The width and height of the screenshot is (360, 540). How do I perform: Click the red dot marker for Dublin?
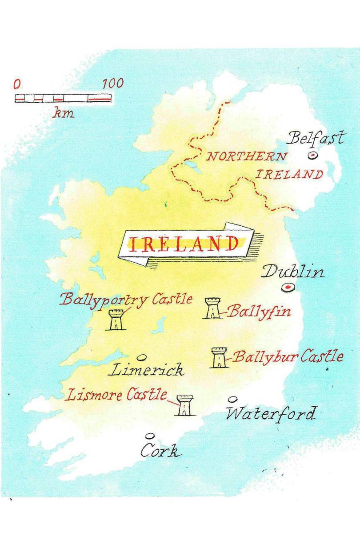pyautogui.click(x=288, y=288)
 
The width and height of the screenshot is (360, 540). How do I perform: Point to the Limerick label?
pyautogui.click(x=145, y=370)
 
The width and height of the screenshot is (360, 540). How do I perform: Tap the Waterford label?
pyautogui.click(x=271, y=414)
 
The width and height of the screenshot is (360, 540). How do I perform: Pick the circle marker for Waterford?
pyautogui.click(x=232, y=399)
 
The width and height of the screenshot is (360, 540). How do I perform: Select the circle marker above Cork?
pyautogui.click(x=150, y=436)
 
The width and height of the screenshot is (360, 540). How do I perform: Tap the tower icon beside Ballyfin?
pyautogui.click(x=212, y=308)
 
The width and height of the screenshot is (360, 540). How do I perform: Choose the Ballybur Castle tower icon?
pyautogui.click(x=219, y=358)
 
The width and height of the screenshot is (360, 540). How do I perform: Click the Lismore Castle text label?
pyautogui.click(x=116, y=395)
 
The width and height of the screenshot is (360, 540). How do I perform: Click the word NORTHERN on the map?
pyautogui.click(x=246, y=157)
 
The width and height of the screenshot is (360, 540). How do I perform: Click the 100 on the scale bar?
pyautogui.click(x=113, y=84)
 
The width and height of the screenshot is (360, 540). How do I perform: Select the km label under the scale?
pyautogui.click(x=64, y=113)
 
